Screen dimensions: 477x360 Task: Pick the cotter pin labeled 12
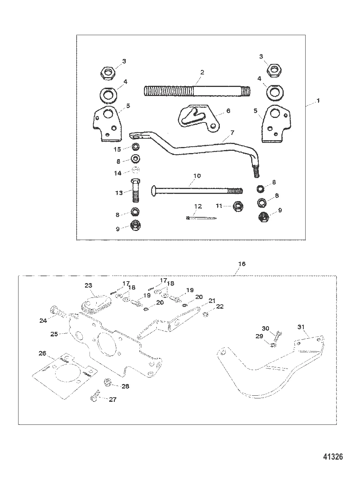[200, 218]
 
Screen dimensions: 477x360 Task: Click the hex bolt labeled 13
[136, 191]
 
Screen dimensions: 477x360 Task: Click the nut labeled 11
[238, 206]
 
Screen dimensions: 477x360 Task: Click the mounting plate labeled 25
[113, 348]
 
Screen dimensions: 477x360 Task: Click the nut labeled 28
[106, 382]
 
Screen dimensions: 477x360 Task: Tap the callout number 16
[242, 263]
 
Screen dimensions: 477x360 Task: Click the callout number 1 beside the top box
[318, 101]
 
